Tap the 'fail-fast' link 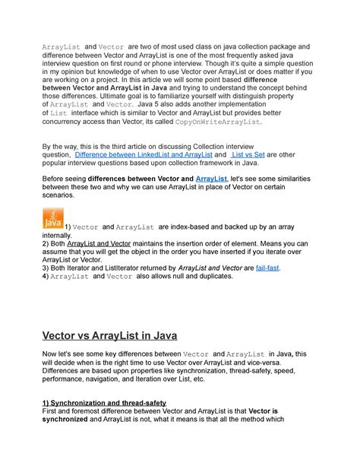pyautogui.click(x=268, y=268)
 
